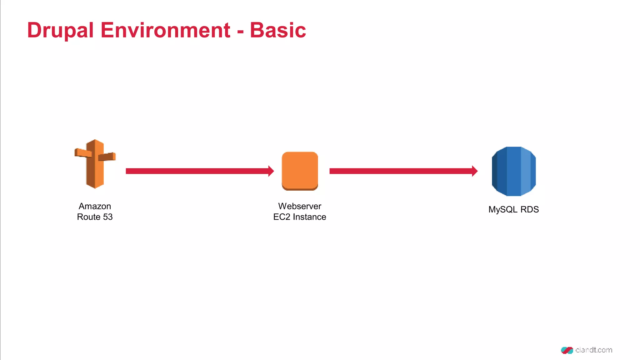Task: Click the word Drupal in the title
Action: pos(60,31)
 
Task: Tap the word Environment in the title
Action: pos(165,30)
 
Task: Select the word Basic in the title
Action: pos(278,30)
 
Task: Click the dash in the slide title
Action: pos(240,32)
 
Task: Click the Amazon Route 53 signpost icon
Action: pos(95,164)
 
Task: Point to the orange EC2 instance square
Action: pos(300,171)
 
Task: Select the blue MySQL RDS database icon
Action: pos(514,171)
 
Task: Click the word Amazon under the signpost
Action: pos(95,206)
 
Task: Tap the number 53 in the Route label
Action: pos(108,217)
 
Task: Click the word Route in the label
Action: pos(89,217)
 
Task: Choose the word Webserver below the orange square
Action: pos(300,206)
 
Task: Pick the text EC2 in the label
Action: pos(282,217)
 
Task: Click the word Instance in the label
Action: pos(309,217)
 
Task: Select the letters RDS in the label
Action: pos(529,209)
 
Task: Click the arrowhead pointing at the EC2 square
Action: pos(271,171)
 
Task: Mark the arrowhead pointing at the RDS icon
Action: pos(475,171)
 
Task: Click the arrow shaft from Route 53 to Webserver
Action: pos(197,171)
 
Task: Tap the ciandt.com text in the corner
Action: pos(593,350)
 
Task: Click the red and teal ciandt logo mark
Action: pos(567,350)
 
